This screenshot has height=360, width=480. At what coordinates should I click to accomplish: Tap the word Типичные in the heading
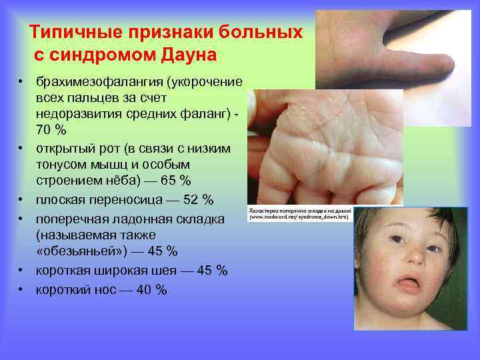point(73,32)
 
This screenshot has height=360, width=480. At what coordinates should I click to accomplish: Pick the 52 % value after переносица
point(198,200)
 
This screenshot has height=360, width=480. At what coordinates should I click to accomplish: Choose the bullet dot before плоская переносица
point(21,200)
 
